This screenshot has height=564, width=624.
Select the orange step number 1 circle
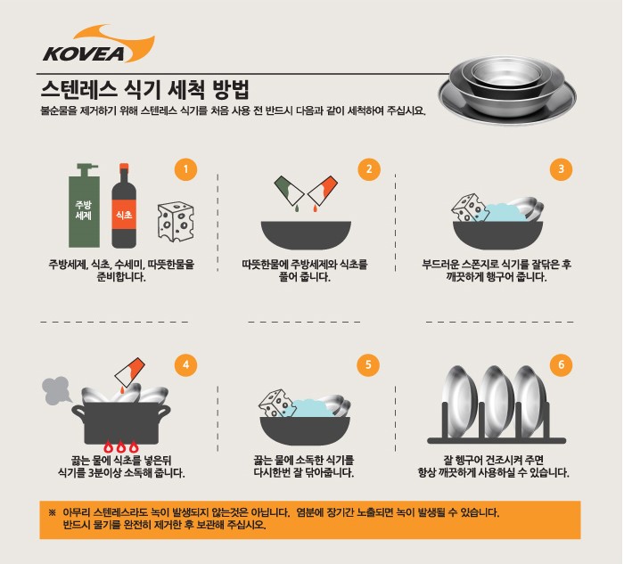tap(185, 169)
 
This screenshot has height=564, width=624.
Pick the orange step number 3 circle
tap(561, 169)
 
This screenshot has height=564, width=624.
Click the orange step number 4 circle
tap(185, 364)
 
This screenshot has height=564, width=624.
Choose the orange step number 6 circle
tap(561, 364)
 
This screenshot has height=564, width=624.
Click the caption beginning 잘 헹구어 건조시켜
tap(499, 466)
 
